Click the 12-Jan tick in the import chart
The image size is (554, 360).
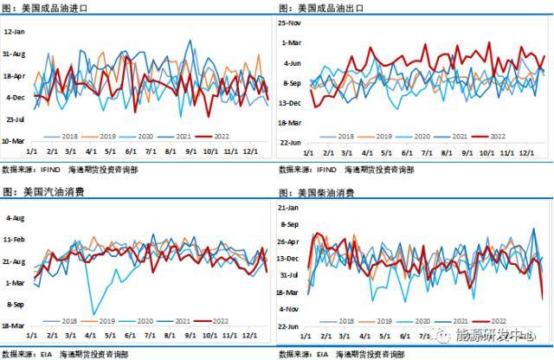[x=15, y=31]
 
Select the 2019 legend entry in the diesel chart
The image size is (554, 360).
[x=379, y=319]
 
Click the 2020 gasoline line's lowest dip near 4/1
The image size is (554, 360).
[x=92, y=314]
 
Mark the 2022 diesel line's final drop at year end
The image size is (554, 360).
[x=543, y=298]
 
